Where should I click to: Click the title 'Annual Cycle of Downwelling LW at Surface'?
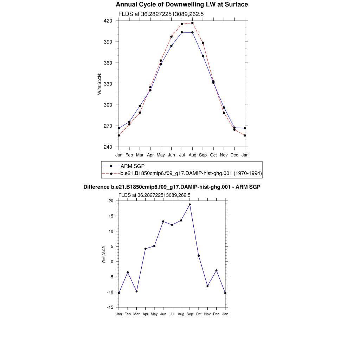click(x=182, y=5)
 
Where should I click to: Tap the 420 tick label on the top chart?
click(x=108, y=21)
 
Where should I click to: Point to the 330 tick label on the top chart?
click(x=108, y=84)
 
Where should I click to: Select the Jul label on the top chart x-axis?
click(x=182, y=155)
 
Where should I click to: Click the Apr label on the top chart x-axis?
click(x=150, y=155)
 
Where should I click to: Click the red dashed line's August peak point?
click(x=192, y=23)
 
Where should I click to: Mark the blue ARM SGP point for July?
click(x=182, y=32)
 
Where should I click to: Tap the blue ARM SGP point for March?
click(x=140, y=106)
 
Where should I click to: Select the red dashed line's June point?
click(x=171, y=37)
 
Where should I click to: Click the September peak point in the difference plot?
click(x=190, y=204)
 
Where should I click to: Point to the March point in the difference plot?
click(x=136, y=291)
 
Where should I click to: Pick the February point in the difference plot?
click(x=128, y=272)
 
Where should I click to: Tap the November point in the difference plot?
click(x=207, y=286)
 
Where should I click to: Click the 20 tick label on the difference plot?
click(x=111, y=201)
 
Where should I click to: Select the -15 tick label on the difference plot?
click(x=110, y=307)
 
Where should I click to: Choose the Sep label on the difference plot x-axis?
click(x=190, y=314)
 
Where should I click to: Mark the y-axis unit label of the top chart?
click(x=99, y=84)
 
